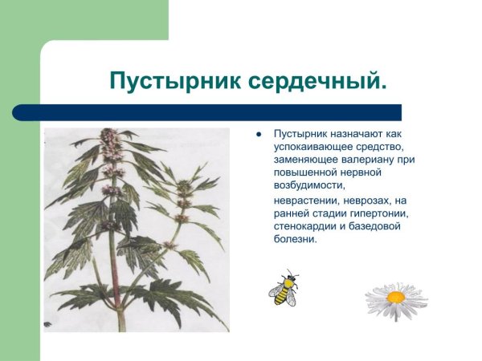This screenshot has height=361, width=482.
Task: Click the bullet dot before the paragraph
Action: [x=259, y=134]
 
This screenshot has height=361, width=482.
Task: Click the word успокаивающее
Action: [x=311, y=146]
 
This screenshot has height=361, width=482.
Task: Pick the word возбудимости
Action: [x=307, y=185]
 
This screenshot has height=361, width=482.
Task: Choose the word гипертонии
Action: [x=378, y=213]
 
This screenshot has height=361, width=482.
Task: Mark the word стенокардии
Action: [x=306, y=225]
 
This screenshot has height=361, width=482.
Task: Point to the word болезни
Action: [x=295, y=238]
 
